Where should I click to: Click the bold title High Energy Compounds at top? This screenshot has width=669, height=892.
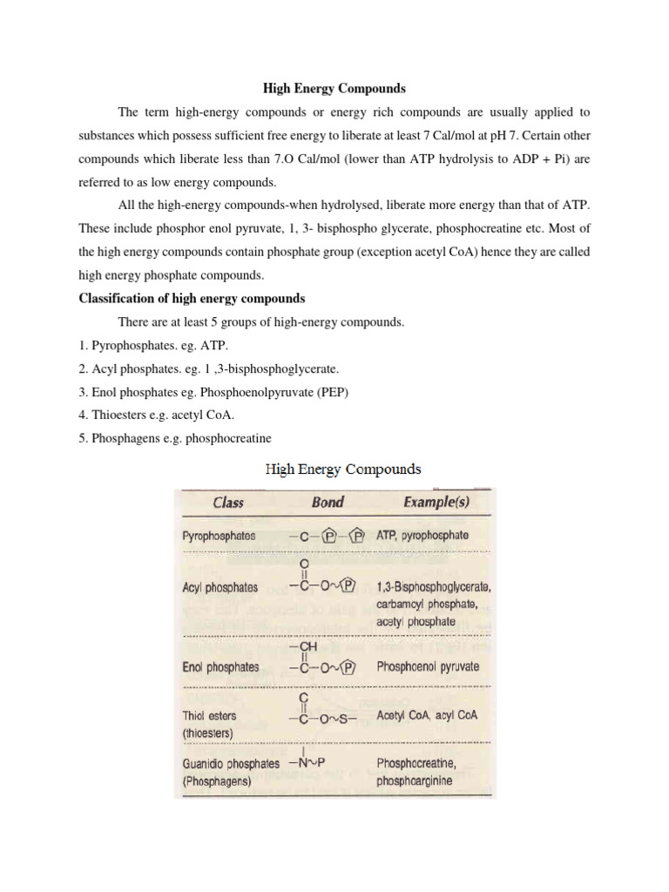[335, 89]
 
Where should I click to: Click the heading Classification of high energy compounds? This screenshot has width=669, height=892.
[192, 298]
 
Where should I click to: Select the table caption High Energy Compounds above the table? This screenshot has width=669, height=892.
[343, 470]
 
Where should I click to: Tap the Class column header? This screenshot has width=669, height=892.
[228, 502]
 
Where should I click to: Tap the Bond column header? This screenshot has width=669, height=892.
[327, 502]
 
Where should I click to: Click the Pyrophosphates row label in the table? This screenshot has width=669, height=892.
[219, 536]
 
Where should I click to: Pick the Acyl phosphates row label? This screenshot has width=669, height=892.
[220, 587]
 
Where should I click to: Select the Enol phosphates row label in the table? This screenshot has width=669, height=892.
[220, 667]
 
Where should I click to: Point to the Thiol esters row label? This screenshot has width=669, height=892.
[210, 715]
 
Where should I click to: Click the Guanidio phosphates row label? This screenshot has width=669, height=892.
[231, 763]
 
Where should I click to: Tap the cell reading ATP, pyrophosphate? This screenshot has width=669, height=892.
[422, 535]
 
